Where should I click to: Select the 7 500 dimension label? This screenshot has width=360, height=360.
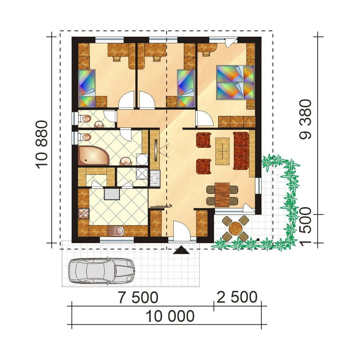[138, 298]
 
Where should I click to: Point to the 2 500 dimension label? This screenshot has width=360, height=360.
[237, 298]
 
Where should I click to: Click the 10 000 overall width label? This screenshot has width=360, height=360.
[170, 316]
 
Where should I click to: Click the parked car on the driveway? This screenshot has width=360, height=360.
[101, 270]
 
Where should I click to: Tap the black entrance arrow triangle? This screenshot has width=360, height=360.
[181, 250]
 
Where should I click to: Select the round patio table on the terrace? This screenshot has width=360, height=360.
[236, 228]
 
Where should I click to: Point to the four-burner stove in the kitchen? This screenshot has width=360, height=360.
[84, 214]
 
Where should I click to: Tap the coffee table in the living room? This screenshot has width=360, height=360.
[223, 151]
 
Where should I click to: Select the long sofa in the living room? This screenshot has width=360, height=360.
[241, 151]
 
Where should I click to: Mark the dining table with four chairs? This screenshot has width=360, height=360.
[222, 195]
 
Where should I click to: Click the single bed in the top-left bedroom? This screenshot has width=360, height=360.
[88, 88]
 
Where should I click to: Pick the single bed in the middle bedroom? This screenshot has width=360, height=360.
[186, 88]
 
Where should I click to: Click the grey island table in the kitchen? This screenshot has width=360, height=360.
[112, 193]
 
